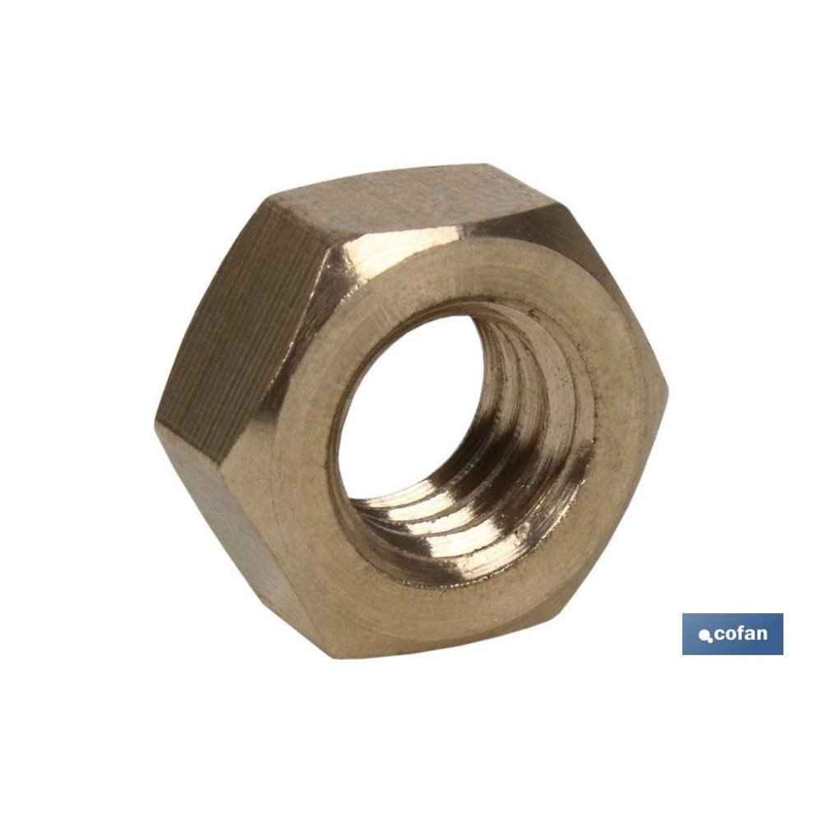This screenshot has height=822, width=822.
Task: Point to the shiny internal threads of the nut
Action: pos(526,460)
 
